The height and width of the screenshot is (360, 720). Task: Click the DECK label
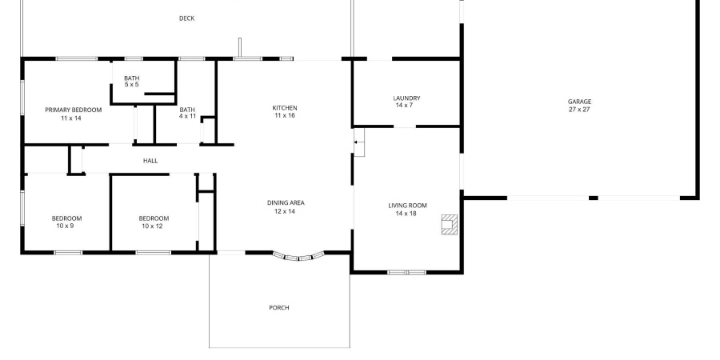point(186,18)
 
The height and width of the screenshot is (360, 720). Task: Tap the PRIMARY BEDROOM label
point(73,110)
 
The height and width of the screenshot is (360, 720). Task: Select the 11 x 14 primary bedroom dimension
point(73,118)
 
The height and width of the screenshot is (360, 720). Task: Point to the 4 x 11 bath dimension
point(187,117)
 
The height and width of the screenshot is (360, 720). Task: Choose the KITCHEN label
point(285,108)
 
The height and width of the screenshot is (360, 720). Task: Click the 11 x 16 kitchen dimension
point(285,116)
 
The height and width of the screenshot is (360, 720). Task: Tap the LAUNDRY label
point(407,98)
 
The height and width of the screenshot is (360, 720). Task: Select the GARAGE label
point(580,102)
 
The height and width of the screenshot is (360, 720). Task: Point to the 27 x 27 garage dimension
point(580,110)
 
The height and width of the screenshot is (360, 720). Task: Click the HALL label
point(150,161)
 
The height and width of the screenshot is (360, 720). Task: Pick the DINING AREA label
point(286,202)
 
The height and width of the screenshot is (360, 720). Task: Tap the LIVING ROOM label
point(407,206)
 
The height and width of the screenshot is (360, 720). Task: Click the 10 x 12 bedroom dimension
point(154,226)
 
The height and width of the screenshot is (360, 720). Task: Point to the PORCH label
point(279,308)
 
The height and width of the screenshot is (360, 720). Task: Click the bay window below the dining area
point(298,257)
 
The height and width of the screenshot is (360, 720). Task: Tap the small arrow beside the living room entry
point(356,142)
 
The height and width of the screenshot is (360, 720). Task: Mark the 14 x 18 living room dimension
point(407,214)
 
